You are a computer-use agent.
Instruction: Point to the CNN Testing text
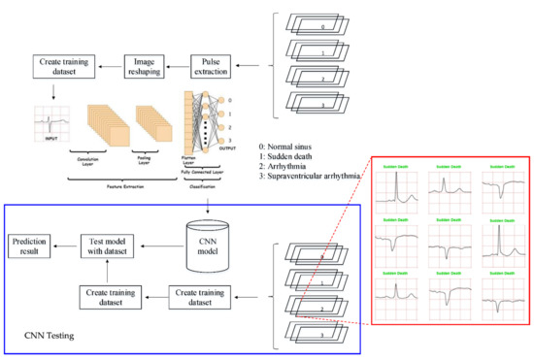tap(50, 334)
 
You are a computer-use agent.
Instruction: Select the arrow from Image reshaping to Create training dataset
tap(107, 65)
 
